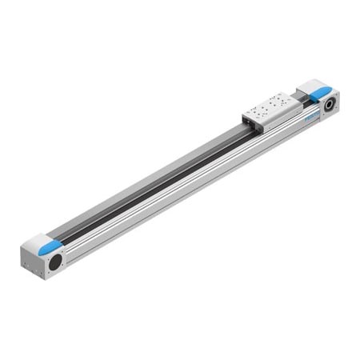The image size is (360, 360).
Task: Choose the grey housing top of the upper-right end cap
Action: pyautogui.click(x=308, y=88)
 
